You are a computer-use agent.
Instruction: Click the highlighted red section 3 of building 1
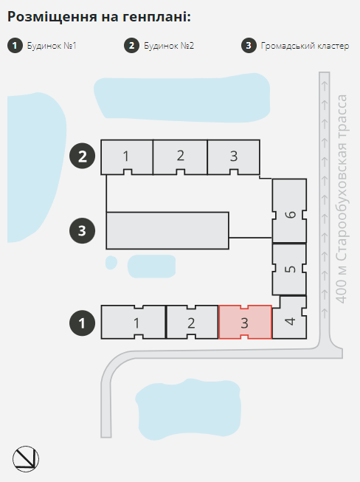point(245,322)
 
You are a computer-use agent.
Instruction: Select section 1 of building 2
point(127,157)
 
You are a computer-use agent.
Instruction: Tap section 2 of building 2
point(180,157)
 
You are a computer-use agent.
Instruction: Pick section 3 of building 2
point(234,157)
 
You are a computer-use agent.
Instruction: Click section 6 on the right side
point(289,211)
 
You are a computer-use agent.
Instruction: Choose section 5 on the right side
point(289,269)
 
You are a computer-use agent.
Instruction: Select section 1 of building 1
point(134,322)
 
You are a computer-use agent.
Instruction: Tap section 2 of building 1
point(193,322)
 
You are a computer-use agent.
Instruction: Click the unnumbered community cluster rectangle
point(167,230)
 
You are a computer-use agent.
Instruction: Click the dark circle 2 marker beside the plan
point(83,156)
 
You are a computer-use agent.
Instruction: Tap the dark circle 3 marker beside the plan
point(83,230)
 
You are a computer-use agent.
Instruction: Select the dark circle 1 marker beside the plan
point(83,323)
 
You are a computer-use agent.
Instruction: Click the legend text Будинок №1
point(52,46)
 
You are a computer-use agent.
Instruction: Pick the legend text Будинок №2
point(169,46)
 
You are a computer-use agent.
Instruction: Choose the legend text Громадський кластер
point(305,46)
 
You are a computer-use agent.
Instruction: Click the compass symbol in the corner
point(26,459)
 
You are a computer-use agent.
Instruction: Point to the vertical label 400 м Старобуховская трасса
point(342,199)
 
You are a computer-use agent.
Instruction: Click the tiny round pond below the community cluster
point(111,263)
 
